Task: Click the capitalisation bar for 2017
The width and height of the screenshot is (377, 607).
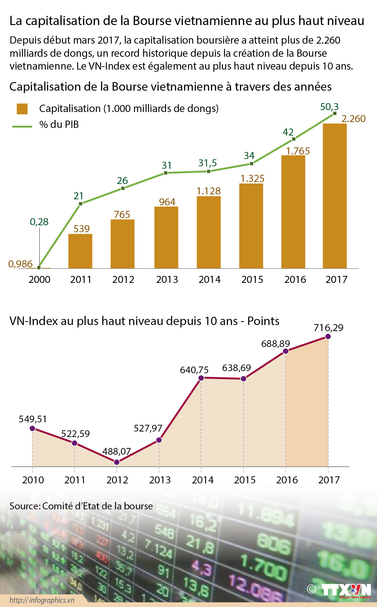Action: coord(335,196)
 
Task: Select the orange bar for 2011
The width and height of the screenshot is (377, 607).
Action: coord(80,251)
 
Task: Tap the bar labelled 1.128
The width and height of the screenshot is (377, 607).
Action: coord(208,232)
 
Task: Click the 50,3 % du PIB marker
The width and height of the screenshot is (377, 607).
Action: coord(335,113)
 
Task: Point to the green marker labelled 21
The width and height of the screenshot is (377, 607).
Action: coord(81,204)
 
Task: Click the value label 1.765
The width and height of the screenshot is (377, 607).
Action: coord(298,151)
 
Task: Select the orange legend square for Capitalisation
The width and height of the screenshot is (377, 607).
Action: coord(22,109)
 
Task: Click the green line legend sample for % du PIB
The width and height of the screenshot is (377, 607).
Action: coord(22,126)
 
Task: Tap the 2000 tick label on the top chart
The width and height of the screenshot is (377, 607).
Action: coord(39,279)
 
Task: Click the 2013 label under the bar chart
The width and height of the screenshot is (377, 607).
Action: coord(167,279)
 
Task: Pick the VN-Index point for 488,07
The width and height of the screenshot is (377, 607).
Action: coord(117,462)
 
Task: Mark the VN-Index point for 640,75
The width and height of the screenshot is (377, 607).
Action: coord(201,378)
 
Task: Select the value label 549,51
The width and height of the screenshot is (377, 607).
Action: coord(33,419)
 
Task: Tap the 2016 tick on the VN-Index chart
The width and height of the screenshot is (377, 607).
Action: coord(287,480)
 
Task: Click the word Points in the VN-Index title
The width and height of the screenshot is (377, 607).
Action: coord(263,321)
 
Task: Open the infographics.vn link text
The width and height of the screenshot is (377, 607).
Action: coord(42,600)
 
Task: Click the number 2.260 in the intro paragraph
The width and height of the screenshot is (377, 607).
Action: coord(328,40)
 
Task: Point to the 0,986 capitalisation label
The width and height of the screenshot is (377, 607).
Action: coord(20,264)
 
